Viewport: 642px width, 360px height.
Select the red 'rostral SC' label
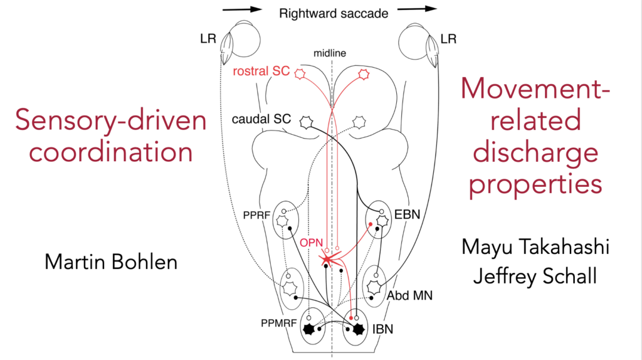pyautogui.click(x=261, y=71)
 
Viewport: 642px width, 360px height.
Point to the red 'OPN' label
pyautogui.click(x=310, y=241)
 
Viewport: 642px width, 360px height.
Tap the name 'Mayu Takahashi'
pyautogui.click(x=535, y=247)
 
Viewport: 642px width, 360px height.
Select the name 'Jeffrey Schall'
pyautogui.click(x=535, y=276)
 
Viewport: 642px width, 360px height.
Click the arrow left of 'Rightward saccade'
pyautogui.click(x=241, y=9)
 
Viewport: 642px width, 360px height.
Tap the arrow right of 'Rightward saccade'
pyautogui.click(x=417, y=9)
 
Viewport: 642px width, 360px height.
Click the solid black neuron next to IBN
pyautogui.click(x=359, y=329)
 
